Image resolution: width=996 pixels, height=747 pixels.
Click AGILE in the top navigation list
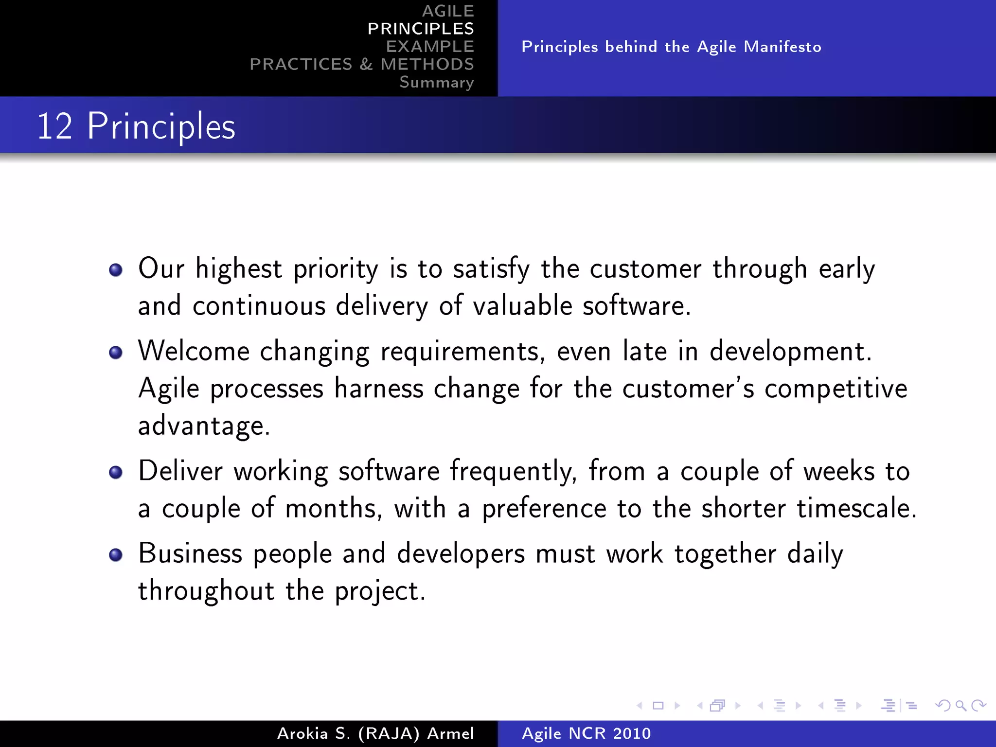448,11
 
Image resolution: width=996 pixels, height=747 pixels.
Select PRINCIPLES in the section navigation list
421,29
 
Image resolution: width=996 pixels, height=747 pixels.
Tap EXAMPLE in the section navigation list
430,47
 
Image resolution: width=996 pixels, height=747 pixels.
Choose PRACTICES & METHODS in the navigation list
362,64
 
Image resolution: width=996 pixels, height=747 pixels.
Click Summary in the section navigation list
436,82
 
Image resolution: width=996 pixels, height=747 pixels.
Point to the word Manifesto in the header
783,47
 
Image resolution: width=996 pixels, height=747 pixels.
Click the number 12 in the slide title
54,126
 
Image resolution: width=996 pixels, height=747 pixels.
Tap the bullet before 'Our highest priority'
116,270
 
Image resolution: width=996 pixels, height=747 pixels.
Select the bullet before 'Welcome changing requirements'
116,353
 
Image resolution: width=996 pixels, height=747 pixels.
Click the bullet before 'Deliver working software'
116,472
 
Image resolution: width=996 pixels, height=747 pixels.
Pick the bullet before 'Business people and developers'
116,555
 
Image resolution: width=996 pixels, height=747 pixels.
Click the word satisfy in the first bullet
491,269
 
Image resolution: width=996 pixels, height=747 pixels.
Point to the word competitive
836,389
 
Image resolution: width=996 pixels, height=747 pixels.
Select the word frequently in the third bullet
513,472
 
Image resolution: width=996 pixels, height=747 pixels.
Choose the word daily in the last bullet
815,554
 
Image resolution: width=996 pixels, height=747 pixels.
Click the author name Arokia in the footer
302,733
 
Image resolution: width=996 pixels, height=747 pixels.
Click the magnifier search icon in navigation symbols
961,706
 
